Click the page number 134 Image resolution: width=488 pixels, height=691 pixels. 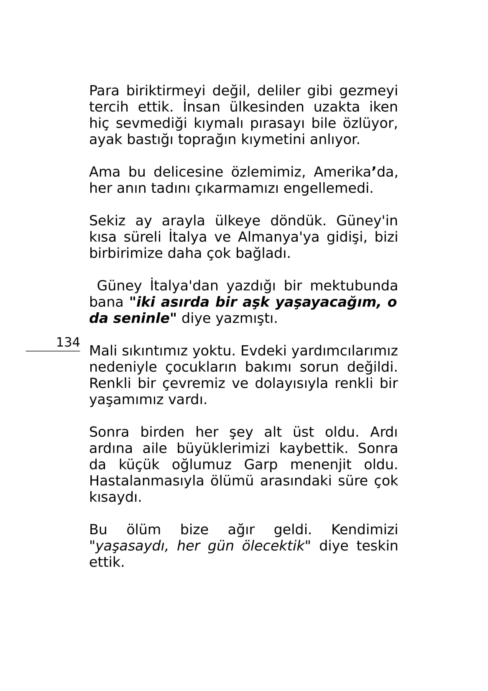tap(68, 342)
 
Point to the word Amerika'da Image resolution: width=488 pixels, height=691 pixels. tap(355, 172)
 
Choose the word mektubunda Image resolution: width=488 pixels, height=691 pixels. tap(353, 286)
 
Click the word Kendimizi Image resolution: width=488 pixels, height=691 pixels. tap(364, 530)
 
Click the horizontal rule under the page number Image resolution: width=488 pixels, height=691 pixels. tap(53, 352)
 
